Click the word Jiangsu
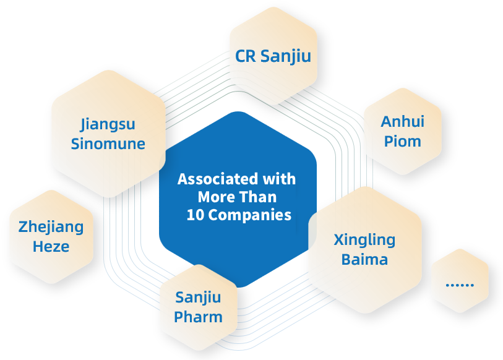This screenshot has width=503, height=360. [108, 124]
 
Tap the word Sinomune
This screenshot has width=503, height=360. [108, 144]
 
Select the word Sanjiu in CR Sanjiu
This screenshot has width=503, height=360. [286, 56]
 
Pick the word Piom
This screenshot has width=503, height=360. [402, 140]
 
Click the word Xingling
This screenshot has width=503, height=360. [364, 239]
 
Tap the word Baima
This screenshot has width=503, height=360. [364, 259]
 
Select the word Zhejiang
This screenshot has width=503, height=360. [51, 226]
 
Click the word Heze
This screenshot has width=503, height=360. [51, 246]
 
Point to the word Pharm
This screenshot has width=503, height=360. [198, 317]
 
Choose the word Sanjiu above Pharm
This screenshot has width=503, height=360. [198, 298]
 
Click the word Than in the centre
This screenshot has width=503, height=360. [260, 197]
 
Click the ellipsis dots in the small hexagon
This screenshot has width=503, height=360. [459, 285]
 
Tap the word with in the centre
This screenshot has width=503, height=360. [280, 179]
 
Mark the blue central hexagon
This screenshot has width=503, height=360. [238, 247]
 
